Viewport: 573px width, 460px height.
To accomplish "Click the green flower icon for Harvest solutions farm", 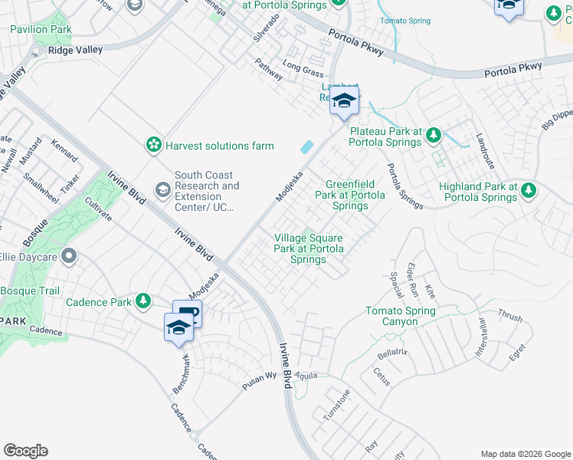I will pyautogui.click(x=154, y=145).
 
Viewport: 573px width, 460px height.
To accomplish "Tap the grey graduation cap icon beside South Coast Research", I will pyautogui.click(x=162, y=189).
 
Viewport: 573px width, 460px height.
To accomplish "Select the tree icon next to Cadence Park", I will pyautogui.click(x=142, y=302).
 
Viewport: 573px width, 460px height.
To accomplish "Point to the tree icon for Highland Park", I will pyautogui.click(x=528, y=192).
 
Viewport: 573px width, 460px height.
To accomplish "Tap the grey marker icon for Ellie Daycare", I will pyautogui.click(x=69, y=257).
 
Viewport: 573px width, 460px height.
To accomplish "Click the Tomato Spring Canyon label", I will pyautogui.click(x=400, y=316).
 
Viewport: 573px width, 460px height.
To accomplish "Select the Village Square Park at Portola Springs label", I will pyautogui.click(x=309, y=248).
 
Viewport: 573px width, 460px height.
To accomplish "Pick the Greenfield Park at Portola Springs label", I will pyautogui.click(x=355, y=195).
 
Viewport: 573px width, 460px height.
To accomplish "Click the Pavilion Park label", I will pyautogui.click(x=41, y=29).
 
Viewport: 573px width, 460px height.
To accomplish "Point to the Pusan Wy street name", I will pyautogui.click(x=260, y=377).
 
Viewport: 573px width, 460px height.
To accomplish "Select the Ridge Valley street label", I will pyautogui.click(x=75, y=50).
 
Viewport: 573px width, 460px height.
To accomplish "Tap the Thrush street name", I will pyautogui.click(x=509, y=315).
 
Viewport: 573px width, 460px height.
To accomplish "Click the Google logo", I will pyautogui.click(x=25, y=451).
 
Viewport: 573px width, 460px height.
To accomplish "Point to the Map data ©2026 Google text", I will pyautogui.click(x=526, y=454).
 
